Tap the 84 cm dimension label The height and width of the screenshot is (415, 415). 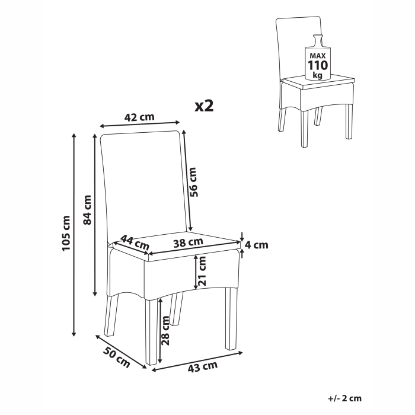tap(87, 210)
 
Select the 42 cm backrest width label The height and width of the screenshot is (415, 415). tap(139, 117)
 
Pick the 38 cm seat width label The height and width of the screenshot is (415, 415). tap(189, 241)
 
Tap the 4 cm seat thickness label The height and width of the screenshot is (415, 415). tap(257, 244)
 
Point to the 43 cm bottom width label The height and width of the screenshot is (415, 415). tap(202, 366)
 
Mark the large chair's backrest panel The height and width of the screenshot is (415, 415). tap(145, 184)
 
